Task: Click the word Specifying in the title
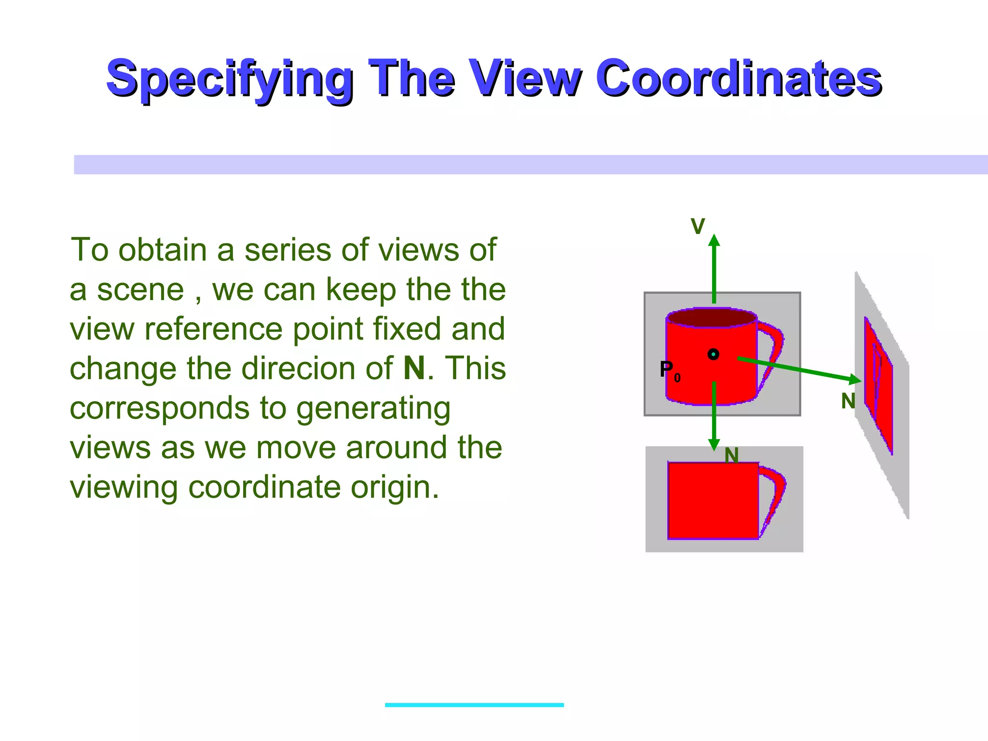pyautogui.click(x=230, y=78)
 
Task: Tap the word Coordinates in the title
pyautogui.click(x=739, y=78)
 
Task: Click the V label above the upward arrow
pyautogui.click(x=698, y=226)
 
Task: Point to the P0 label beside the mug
pyautogui.click(x=669, y=370)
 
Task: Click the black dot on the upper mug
pyautogui.click(x=713, y=355)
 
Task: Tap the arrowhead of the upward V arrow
pyautogui.click(x=714, y=241)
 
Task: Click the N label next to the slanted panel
pyautogui.click(x=848, y=401)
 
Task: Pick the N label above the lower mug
pyautogui.click(x=731, y=455)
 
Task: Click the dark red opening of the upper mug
pyautogui.click(x=711, y=318)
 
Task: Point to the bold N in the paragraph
pyautogui.click(x=414, y=368)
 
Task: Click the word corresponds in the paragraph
pyautogui.click(x=160, y=408)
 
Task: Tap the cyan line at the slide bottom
pyautogui.click(x=474, y=705)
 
